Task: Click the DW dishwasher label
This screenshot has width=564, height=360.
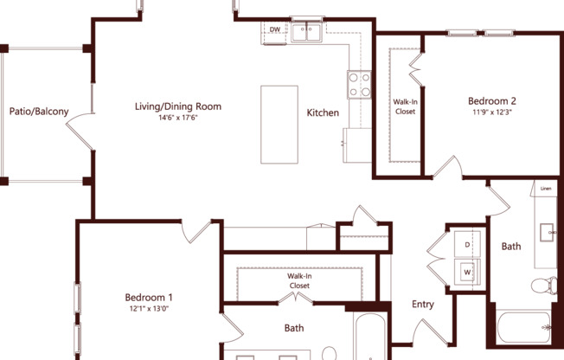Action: pos(275,30)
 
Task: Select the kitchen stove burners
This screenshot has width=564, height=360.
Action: pos(359,83)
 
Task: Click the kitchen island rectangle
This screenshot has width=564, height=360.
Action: pos(279,123)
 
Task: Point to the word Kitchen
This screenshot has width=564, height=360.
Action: pos(323,112)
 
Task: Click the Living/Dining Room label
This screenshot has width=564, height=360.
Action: pos(177,107)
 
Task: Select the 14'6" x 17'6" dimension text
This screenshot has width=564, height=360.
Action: pos(177,119)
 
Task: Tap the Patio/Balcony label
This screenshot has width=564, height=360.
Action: pos(39,112)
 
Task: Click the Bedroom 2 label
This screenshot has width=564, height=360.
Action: pos(492,100)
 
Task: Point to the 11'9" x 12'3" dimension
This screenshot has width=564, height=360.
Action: pos(492,112)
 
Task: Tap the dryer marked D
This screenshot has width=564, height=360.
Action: pos(467,245)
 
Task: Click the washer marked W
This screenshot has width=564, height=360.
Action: pos(467,273)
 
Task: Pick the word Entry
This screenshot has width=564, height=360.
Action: pos(422,305)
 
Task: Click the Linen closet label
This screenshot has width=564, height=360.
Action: pos(546,189)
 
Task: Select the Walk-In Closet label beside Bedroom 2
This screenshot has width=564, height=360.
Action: pos(405,106)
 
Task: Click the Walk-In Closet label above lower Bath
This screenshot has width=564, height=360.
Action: pos(299,280)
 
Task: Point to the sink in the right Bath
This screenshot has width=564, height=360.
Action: pos(548,232)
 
